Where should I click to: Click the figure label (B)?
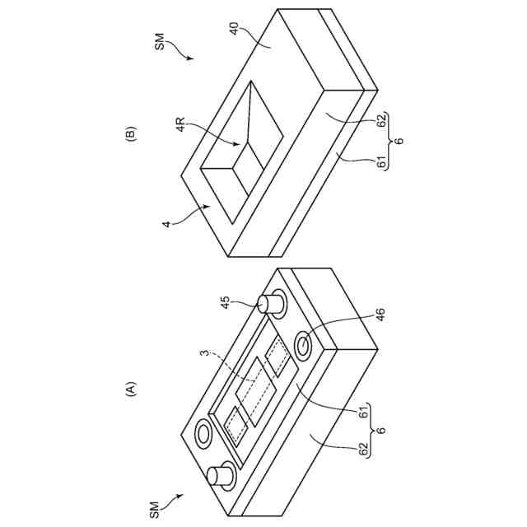point(129,134)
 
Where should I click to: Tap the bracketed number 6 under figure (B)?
point(399,142)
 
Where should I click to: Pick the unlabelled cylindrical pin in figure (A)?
point(220,476)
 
